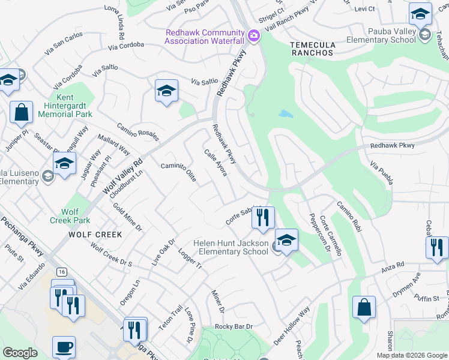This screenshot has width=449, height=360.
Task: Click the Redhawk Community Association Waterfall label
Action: click(205, 36)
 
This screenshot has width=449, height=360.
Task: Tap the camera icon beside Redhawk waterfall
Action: click(253, 36)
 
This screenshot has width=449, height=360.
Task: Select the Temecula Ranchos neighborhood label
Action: click(311, 49)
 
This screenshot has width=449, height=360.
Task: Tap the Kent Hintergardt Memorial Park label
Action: click(65, 106)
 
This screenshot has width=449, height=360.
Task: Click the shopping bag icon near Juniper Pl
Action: click(21, 112)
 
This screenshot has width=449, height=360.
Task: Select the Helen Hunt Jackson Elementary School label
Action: click(231, 247)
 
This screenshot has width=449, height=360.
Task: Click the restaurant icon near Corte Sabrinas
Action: click(262, 218)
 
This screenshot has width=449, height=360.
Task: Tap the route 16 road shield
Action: click(62, 272)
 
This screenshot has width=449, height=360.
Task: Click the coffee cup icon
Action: click(64, 347)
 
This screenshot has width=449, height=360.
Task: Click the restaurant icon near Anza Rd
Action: click(437, 247)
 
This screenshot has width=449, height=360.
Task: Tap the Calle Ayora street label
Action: click(216, 163)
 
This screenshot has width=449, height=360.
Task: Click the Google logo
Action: click(20, 353)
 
